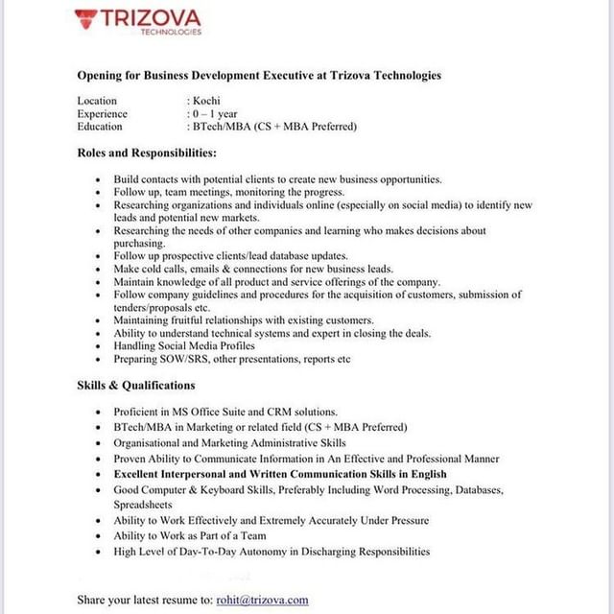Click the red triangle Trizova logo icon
(x=86, y=18)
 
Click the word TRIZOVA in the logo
(x=151, y=17)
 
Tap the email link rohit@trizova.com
(x=263, y=600)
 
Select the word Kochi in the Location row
(x=205, y=101)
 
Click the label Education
(x=100, y=126)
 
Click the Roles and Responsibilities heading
(x=147, y=153)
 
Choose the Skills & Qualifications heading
(x=136, y=385)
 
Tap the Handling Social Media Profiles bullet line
(x=184, y=345)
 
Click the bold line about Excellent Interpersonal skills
(x=280, y=474)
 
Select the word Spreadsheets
(x=143, y=504)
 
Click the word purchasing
(x=139, y=244)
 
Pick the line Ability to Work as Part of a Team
(x=190, y=535)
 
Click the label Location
(x=97, y=101)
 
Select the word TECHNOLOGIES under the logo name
(x=171, y=32)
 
